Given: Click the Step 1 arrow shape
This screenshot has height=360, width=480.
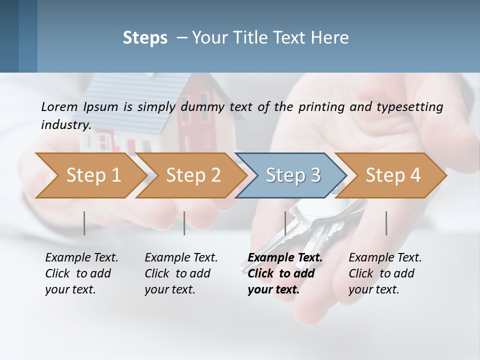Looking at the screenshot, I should [90, 175].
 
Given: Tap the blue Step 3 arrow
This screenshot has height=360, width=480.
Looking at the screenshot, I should [292, 175].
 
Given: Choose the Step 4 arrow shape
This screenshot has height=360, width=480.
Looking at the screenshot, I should [392, 175].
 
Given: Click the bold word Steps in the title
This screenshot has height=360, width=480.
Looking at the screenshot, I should [145, 38].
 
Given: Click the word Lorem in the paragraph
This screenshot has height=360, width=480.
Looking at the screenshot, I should [59, 106].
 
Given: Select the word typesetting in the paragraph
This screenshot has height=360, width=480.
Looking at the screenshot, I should [411, 106].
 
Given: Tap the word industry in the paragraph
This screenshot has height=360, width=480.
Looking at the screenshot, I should [65, 124].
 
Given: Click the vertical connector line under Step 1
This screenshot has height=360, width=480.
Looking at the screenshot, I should [84, 223].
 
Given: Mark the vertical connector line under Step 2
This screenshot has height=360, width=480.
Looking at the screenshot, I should [184, 223].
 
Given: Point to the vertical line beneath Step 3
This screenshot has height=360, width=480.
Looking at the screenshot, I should [285, 223].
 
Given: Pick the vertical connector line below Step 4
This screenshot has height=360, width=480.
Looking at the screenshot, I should [386, 223].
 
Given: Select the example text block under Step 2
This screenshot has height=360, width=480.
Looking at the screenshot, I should [180, 273].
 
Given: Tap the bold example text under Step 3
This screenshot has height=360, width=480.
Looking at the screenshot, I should [284, 273].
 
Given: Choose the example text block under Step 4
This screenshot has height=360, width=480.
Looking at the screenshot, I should [384, 273].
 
